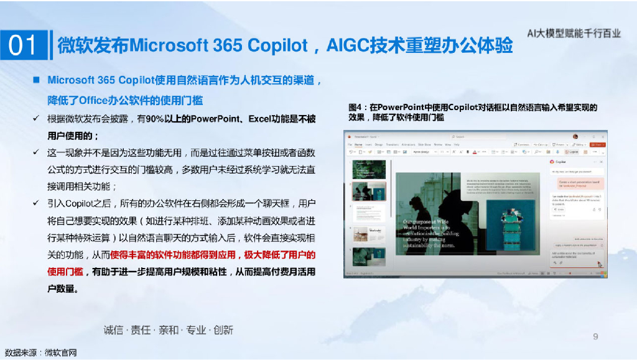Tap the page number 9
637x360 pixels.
click(595, 336)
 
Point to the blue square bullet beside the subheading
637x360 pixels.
click(37, 80)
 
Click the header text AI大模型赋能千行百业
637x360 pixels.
click(574, 34)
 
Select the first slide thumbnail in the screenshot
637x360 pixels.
click(369, 170)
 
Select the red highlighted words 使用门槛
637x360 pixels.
click(65, 272)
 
